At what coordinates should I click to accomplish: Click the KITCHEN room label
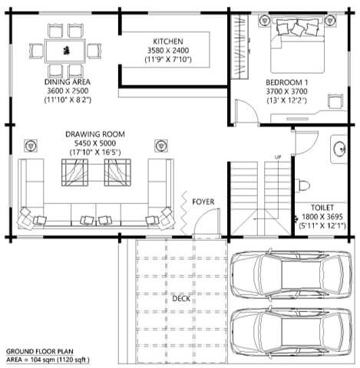(x=168, y=41)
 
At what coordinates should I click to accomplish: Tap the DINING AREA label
(x=68, y=82)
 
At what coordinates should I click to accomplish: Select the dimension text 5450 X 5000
(x=95, y=143)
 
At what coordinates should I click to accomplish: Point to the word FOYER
(x=203, y=202)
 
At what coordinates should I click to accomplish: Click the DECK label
(x=181, y=298)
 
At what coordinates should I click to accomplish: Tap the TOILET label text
(x=322, y=208)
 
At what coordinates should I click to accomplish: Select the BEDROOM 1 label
(x=286, y=83)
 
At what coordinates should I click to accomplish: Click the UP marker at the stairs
(x=278, y=157)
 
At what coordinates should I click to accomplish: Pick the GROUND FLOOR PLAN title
(x=40, y=352)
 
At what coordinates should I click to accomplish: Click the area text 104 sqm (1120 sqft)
(x=60, y=360)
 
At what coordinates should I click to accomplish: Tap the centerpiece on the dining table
(x=66, y=51)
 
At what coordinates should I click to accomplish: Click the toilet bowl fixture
(x=302, y=186)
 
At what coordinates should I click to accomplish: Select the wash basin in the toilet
(x=339, y=149)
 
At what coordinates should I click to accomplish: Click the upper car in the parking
(x=291, y=275)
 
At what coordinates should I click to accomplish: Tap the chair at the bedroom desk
(x=335, y=102)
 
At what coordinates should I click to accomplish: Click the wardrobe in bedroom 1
(x=239, y=46)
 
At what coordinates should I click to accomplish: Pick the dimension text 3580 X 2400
(x=168, y=51)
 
